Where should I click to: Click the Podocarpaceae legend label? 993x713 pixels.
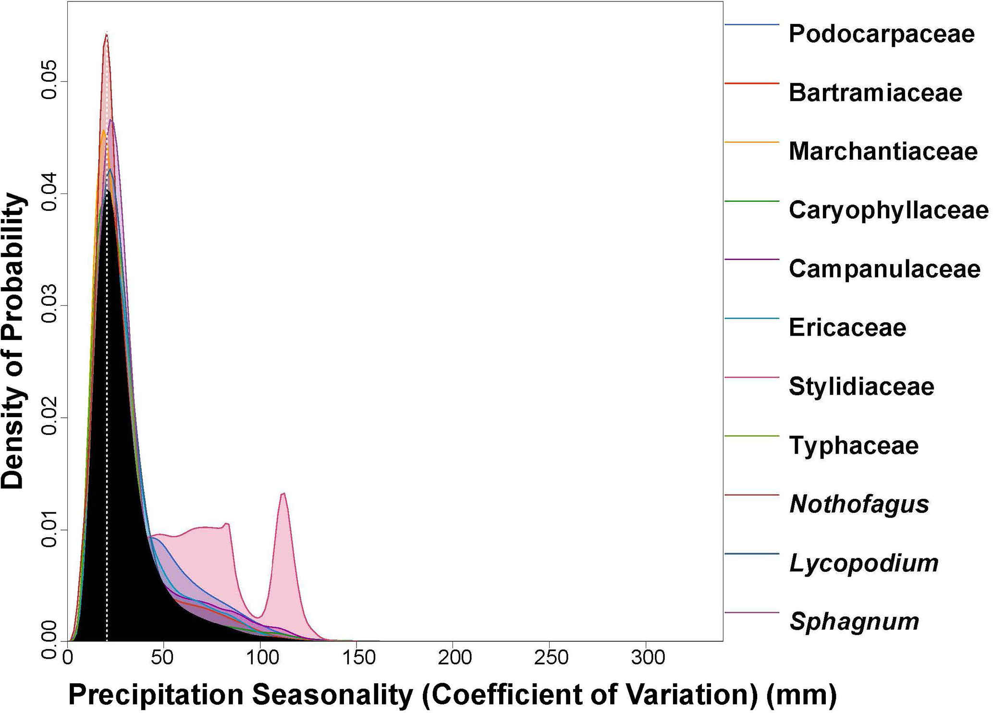point(881,34)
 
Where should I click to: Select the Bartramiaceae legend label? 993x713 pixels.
point(875,93)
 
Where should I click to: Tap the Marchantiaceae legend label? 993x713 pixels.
point(883,151)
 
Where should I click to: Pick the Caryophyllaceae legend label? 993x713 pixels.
point(889,210)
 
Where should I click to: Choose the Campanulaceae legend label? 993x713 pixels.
point(884,269)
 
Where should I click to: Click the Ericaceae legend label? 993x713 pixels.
point(847,327)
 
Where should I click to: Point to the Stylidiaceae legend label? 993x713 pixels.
point(861,387)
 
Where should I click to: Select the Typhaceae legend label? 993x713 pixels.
point(854,445)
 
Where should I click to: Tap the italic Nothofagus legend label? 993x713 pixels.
point(859,504)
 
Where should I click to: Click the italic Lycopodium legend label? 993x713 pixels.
point(864,563)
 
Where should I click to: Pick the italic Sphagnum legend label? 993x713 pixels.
point(854,621)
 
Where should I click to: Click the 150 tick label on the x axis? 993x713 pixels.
point(358,657)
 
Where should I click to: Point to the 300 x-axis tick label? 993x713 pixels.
point(648,657)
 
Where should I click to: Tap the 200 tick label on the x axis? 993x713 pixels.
point(455,657)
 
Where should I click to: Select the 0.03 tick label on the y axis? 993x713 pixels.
point(49,306)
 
